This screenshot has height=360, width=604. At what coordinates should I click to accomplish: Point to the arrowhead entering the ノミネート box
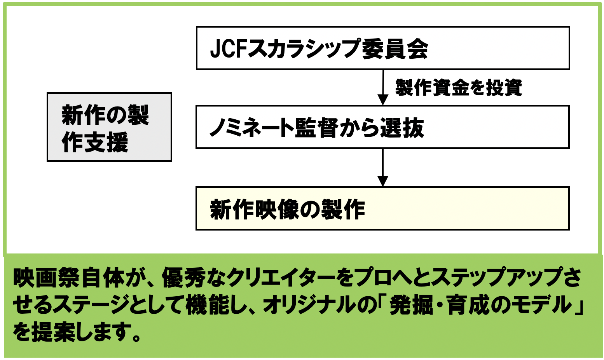pyautogui.click(x=383, y=100)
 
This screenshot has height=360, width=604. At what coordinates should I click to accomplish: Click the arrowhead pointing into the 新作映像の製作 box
pyautogui.click(x=383, y=181)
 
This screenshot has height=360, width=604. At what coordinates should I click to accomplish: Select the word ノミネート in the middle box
pyautogui.click(x=251, y=128)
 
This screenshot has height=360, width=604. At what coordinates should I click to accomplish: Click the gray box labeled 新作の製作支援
pyautogui.click(x=109, y=127)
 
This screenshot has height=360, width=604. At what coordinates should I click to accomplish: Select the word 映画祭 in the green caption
pyautogui.click(x=47, y=278)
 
